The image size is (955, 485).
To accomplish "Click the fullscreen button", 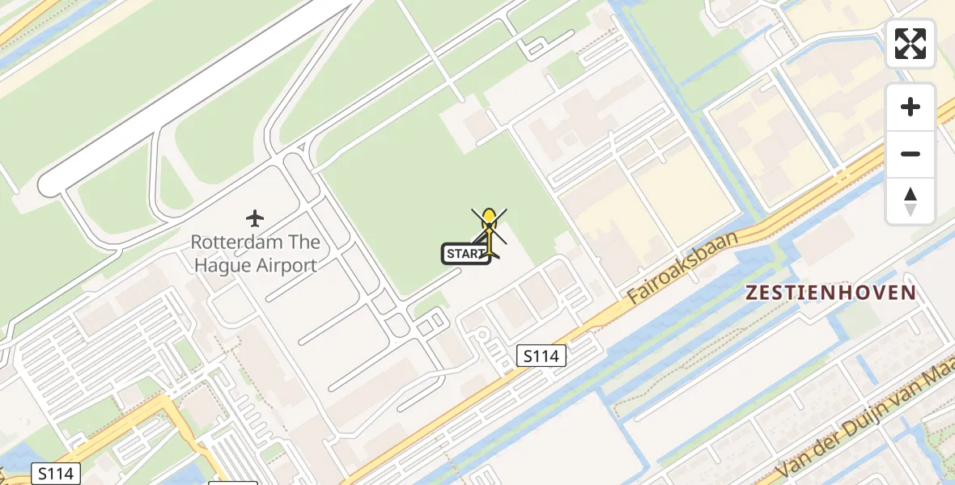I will point(910,44).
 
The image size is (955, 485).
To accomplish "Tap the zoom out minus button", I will point(910,154).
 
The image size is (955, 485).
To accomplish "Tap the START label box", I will point(465,254).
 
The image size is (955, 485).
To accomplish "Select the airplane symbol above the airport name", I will point(255,218).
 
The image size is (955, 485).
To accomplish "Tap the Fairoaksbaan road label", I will point(684,268).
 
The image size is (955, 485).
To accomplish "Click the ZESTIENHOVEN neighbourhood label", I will point(831,293).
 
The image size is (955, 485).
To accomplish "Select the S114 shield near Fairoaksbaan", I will point(541,355).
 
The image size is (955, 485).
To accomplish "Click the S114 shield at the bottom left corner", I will point(55,473).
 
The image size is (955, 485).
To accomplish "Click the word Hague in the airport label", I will point(217,264).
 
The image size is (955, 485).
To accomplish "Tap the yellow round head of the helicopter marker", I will point(489,216).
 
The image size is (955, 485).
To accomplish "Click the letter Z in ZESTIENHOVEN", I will point(752,293).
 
